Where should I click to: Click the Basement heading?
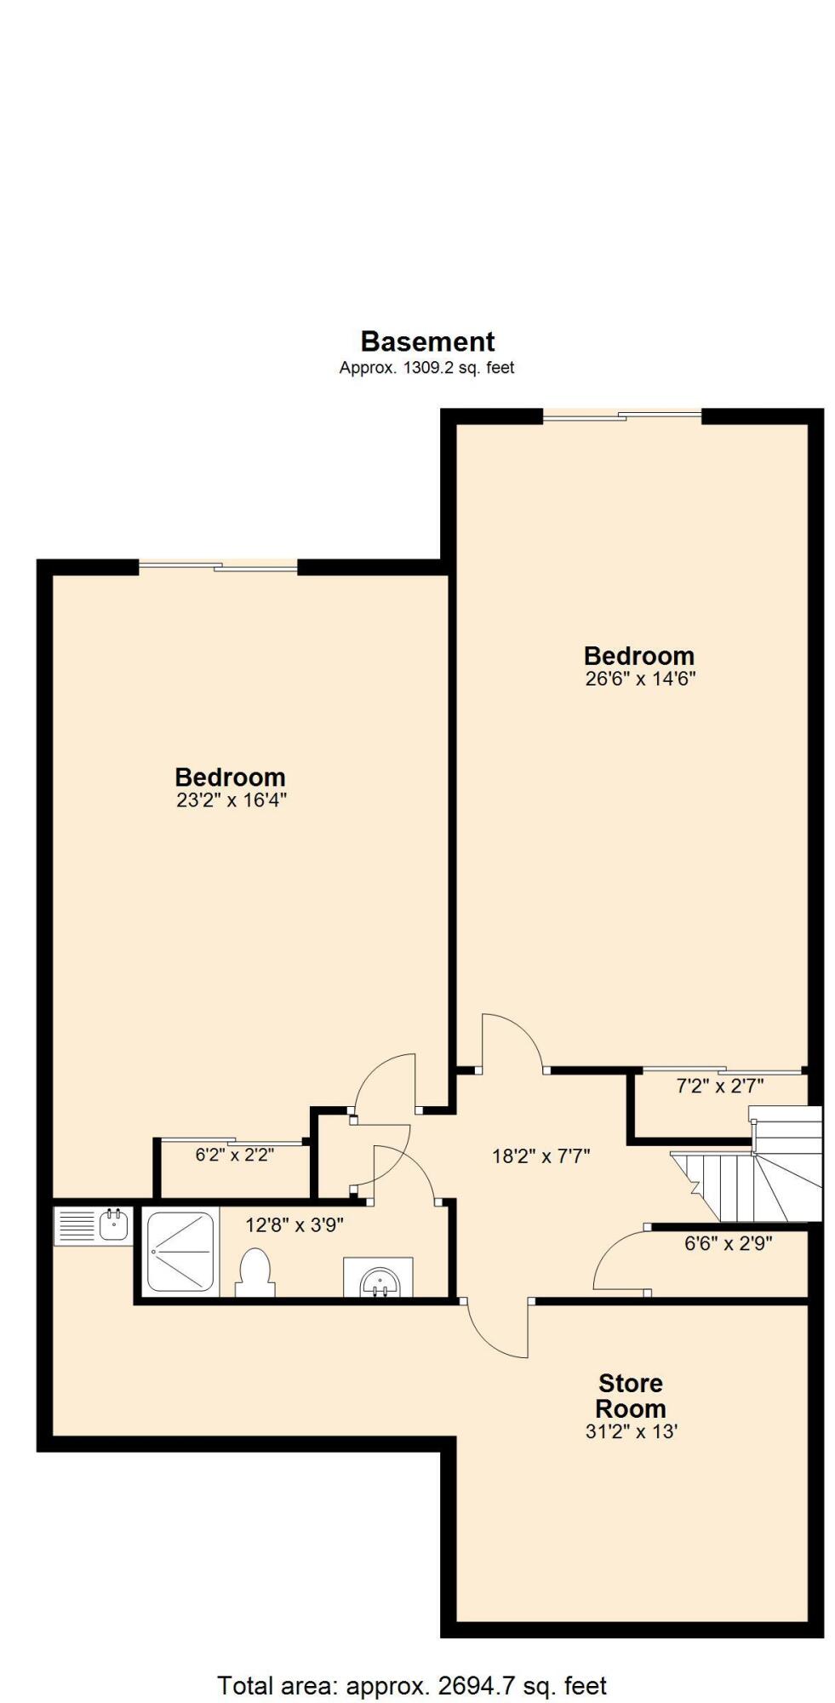pyautogui.click(x=427, y=341)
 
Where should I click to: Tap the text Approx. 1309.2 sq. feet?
pyautogui.click(x=427, y=368)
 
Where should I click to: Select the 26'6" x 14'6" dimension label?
pyautogui.click(x=639, y=679)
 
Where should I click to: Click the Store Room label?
pyautogui.click(x=631, y=1396)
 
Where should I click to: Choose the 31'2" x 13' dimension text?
pyautogui.click(x=631, y=1431)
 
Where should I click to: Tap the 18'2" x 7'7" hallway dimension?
pyautogui.click(x=541, y=1155)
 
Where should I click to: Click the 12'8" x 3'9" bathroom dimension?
pyautogui.click(x=295, y=1225)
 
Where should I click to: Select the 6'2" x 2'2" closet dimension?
pyautogui.click(x=234, y=1155)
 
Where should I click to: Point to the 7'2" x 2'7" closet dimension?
pyautogui.click(x=720, y=1086)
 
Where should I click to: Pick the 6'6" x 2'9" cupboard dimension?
pyautogui.click(x=728, y=1243)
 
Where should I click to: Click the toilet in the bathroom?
pyautogui.click(x=255, y=1272)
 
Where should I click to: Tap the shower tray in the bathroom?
pyautogui.click(x=180, y=1251)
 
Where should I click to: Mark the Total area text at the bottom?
pyautogui.click(x=412, y=1661)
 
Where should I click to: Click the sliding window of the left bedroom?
pyautogui.click(x=218, y=567)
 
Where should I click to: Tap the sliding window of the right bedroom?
pyautogui.click(x=622, y=416)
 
